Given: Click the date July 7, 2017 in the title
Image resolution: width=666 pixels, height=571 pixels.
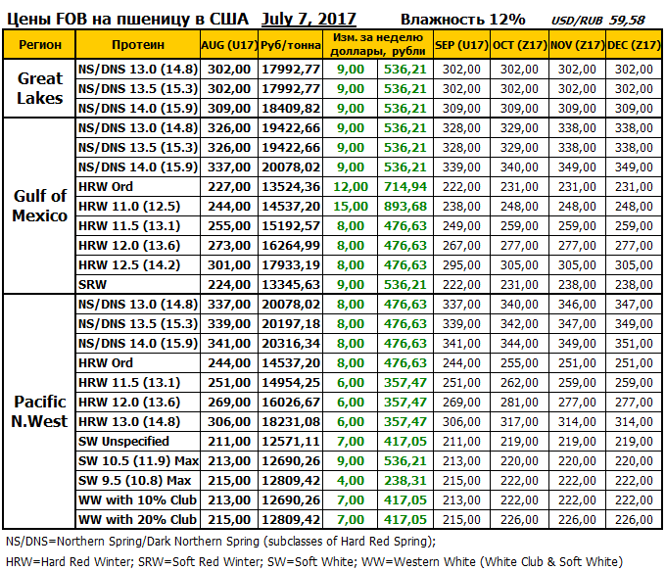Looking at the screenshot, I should pos(309,19).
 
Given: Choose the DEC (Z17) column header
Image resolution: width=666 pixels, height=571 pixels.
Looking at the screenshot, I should pos(632,45).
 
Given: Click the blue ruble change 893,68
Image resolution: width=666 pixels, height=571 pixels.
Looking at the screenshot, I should pos(405,206).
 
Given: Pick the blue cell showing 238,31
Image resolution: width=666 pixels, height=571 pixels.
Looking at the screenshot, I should pos(405,480).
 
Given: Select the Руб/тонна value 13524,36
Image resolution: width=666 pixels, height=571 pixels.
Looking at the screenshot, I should pos(291,186).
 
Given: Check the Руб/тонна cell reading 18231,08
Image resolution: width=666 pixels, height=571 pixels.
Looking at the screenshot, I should pos(291,421).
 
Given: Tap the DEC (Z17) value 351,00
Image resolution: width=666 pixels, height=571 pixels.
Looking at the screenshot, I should pos(632,343).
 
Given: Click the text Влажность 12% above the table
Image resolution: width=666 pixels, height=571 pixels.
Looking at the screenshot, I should pos(462,19).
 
